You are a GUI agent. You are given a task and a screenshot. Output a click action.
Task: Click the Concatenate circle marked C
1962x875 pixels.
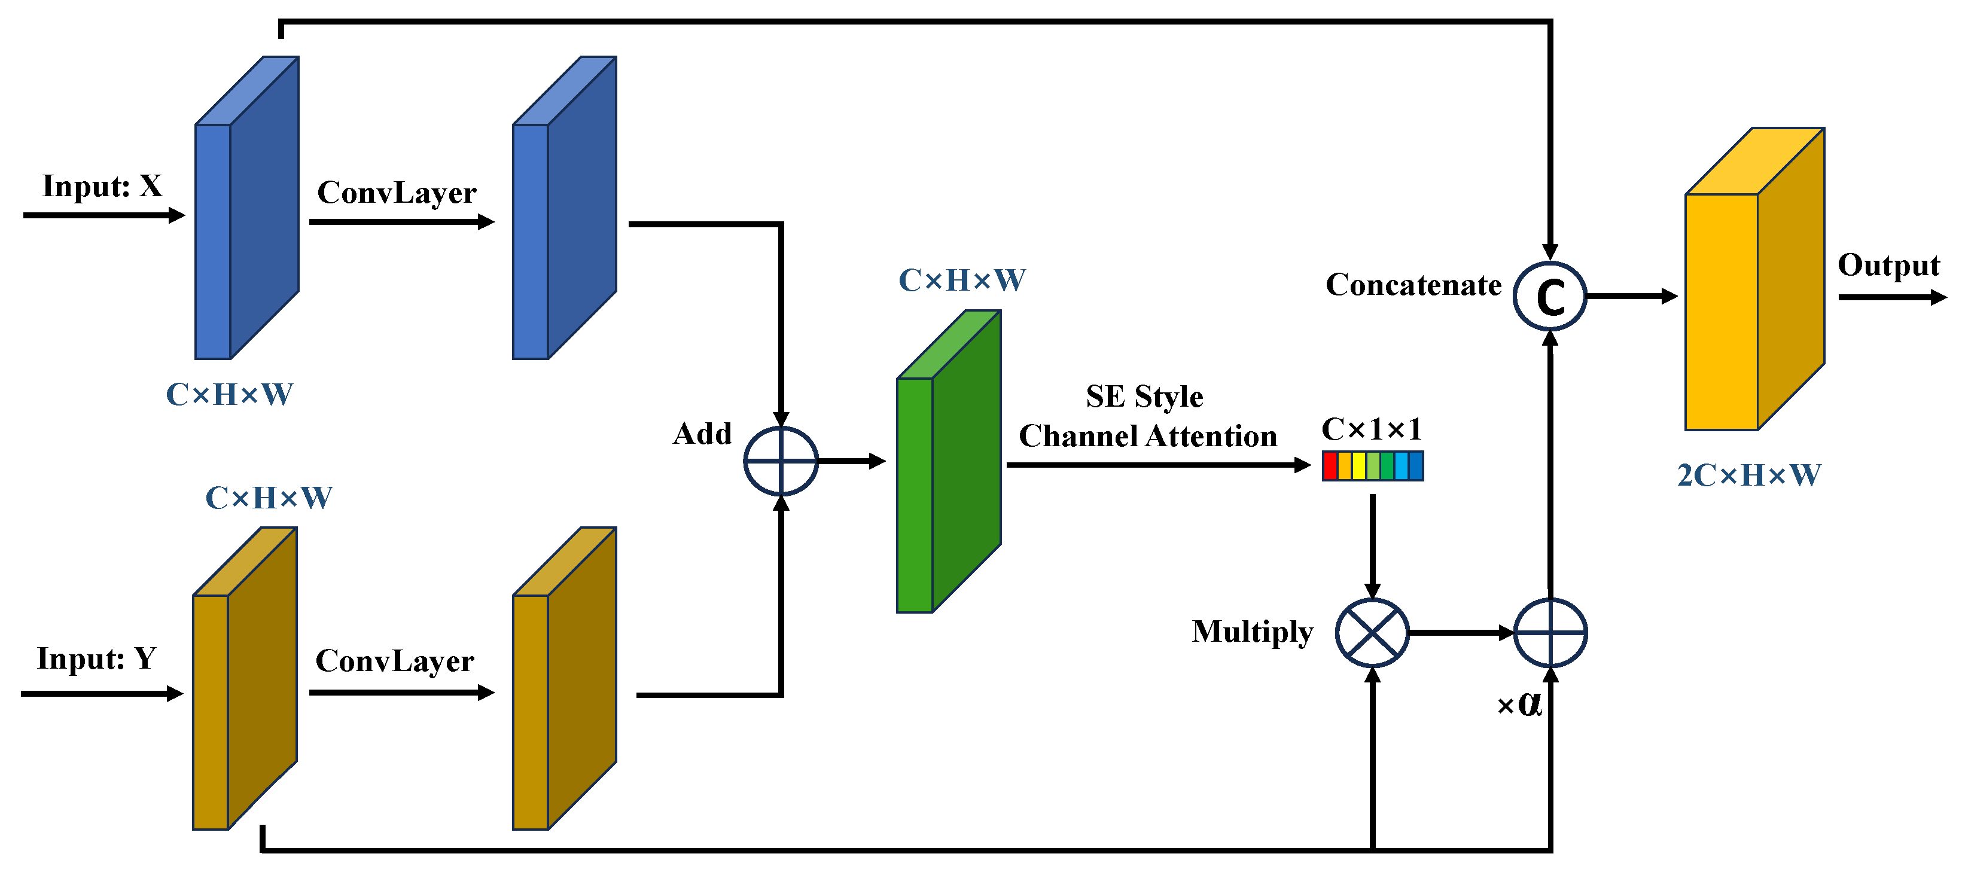click(x=1549, y=296)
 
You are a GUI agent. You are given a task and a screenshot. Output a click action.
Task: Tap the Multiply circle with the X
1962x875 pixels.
click(x=1372, y=633)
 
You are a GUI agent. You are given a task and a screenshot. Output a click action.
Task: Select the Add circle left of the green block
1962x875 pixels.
click(x=781, y=461)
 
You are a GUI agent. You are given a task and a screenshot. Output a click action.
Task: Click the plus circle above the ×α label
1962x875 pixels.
click(x=1550, y=633)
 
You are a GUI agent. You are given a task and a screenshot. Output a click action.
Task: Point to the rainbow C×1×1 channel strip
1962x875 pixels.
click(x=1372, y=465)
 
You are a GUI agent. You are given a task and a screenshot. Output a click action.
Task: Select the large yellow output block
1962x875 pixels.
click(x=1754, y=279)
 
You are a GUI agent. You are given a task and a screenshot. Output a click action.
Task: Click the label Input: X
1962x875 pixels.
click(x=102, y=186)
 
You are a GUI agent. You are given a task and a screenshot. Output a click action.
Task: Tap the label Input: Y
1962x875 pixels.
click(x=97, y=658)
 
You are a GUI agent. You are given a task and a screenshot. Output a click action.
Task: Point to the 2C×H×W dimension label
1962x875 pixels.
click(x=1748, y=475)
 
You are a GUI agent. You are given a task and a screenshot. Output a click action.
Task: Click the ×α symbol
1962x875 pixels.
click(x=1519, y=704)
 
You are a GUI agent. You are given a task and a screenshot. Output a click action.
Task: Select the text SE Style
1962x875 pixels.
click(x=1144, y=397)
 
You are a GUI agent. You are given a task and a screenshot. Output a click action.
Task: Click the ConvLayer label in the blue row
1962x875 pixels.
click(x=397, y=193)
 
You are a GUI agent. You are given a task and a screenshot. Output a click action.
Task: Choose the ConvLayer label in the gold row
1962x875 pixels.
click(x=395, y=661)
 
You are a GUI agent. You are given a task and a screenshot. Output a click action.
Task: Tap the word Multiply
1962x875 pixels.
click(x=1252, y=632)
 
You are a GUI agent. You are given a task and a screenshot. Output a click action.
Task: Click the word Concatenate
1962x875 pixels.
click(x=1413, y=285)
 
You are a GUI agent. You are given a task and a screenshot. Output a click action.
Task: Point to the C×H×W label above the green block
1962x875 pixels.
click(x=962, y=281)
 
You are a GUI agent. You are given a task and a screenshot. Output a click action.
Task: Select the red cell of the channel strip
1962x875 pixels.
click(x=1330, y=465)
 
